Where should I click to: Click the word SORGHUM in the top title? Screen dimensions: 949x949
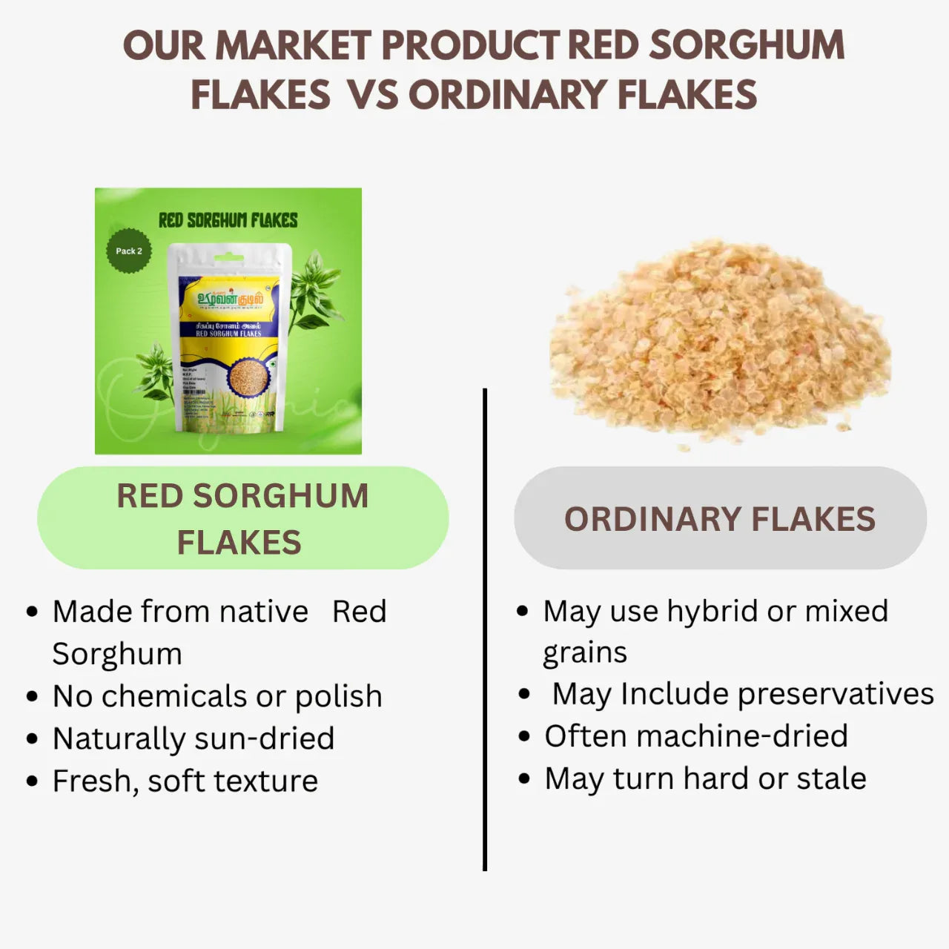coord(747,46)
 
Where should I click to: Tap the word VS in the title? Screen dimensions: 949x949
coord(373,96)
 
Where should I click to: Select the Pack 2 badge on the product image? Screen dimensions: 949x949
coord(128,251)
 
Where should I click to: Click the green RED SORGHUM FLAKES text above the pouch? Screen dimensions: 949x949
coord(228,220)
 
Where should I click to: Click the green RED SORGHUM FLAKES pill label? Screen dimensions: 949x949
coord(242,518)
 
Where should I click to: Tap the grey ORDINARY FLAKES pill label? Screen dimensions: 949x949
coord(720,519)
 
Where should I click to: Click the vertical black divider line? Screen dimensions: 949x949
coord(485,630)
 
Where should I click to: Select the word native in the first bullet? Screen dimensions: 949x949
coord(264,612)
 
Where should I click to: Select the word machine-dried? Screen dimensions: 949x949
coord(741,736)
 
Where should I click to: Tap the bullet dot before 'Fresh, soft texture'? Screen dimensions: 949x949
coord(32,781)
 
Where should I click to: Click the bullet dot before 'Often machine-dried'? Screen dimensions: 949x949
coord(524,737)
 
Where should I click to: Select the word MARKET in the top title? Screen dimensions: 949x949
coord(293,46)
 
